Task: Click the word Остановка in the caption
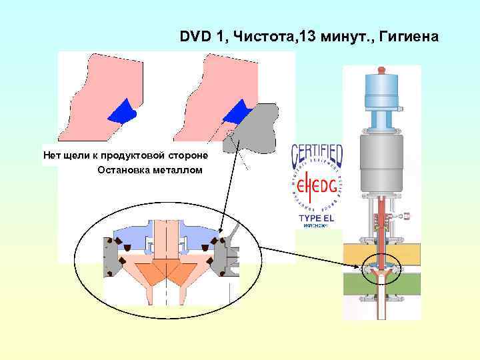pos(124,170)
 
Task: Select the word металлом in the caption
pos(177,170)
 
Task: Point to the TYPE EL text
pos(316,219)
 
